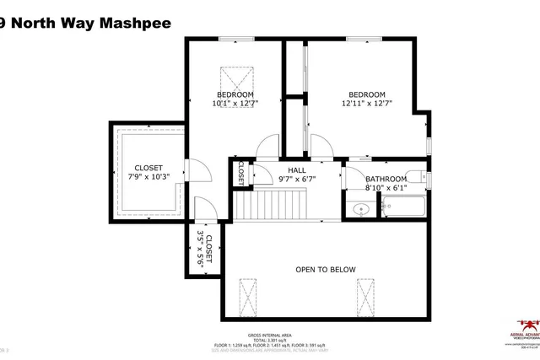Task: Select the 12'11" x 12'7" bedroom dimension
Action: (x=367, y=104)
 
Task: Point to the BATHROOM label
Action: (x=386, y=179)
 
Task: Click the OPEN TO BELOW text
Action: (x=325, y=270)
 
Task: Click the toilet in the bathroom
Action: (x=416, y=176)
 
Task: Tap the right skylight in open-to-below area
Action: (x=365, y=296)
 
